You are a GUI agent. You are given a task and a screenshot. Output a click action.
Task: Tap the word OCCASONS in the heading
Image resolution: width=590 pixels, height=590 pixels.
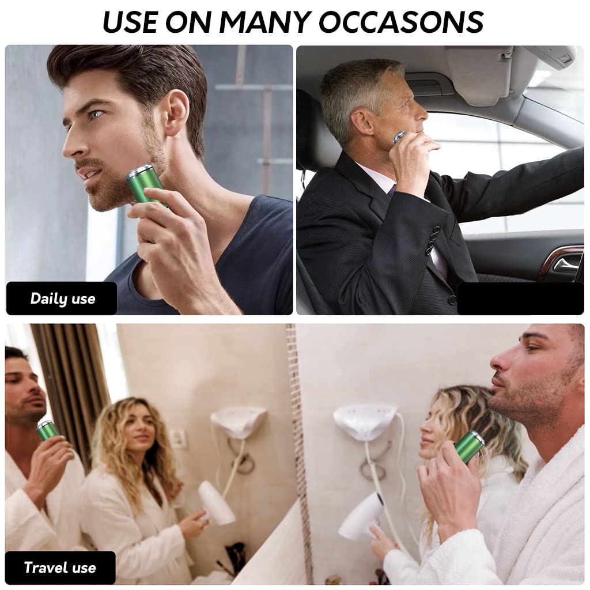401,22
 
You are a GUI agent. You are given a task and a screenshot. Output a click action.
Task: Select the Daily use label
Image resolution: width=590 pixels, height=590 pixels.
62,298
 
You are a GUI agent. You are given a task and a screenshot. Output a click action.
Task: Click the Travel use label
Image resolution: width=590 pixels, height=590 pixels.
60,568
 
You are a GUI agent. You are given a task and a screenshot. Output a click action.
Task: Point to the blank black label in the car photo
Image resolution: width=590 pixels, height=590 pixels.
520,298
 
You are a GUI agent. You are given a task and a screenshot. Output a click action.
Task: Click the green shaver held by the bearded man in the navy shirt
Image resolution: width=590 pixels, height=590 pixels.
144,183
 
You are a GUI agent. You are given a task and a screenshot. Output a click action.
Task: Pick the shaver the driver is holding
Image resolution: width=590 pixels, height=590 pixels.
399,138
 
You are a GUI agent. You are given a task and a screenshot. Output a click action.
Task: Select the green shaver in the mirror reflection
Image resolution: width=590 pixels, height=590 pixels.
47,429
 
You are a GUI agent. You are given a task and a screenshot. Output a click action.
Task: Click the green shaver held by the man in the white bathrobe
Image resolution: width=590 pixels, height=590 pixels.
469,445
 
